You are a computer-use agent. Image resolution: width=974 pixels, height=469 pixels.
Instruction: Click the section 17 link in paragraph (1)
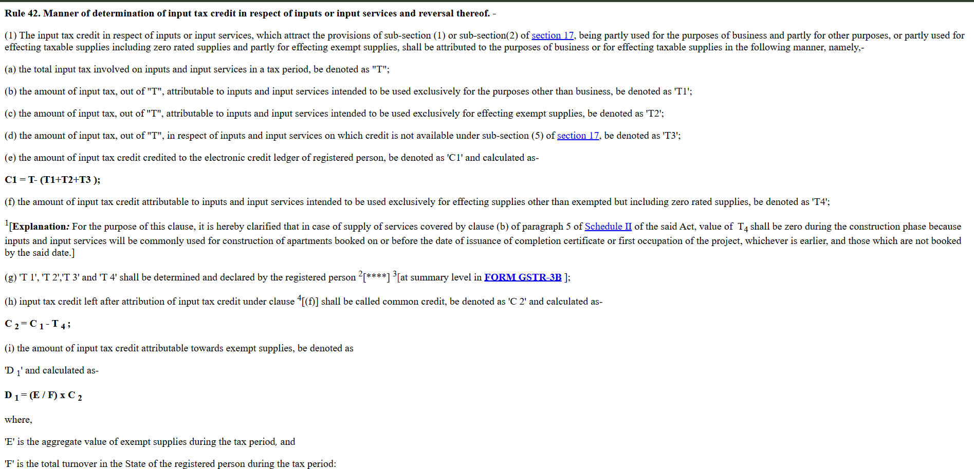[x=552, y=35]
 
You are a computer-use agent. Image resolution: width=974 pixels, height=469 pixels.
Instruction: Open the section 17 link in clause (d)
[x=578, y=136]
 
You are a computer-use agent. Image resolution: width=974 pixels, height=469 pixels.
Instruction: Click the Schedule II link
[x=608, y=227]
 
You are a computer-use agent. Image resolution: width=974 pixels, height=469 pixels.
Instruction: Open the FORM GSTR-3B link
[x=523, y=277]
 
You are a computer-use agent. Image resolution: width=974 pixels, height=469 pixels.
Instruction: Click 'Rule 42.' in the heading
[x=22, y=13]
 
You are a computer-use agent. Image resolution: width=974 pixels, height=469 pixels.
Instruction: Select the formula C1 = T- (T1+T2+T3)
[x=52, y=180]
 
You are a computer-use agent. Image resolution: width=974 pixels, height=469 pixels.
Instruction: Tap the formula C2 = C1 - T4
[x=38, y=324]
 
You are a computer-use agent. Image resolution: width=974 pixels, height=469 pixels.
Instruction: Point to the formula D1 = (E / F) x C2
[x=43, y=396]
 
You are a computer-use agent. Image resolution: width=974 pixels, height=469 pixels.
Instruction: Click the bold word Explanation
[x=39, y=227]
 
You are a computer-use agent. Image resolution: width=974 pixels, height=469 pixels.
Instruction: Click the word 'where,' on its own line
[x=19, y=420]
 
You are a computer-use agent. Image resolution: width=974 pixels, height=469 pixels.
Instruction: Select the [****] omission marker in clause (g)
[x=376, y=277]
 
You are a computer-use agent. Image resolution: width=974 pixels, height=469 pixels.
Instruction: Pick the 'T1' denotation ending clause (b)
[x=683, y=91]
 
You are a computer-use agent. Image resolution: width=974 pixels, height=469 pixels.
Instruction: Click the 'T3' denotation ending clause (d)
[x=671, y=136]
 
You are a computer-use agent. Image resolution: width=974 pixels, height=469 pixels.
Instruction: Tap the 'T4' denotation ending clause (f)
[x=820, y=202]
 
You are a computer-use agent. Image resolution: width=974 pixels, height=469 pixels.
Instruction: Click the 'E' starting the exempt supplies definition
[x=9, y=442]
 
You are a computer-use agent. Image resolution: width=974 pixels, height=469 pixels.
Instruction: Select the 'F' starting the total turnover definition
[x=9, y=464]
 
